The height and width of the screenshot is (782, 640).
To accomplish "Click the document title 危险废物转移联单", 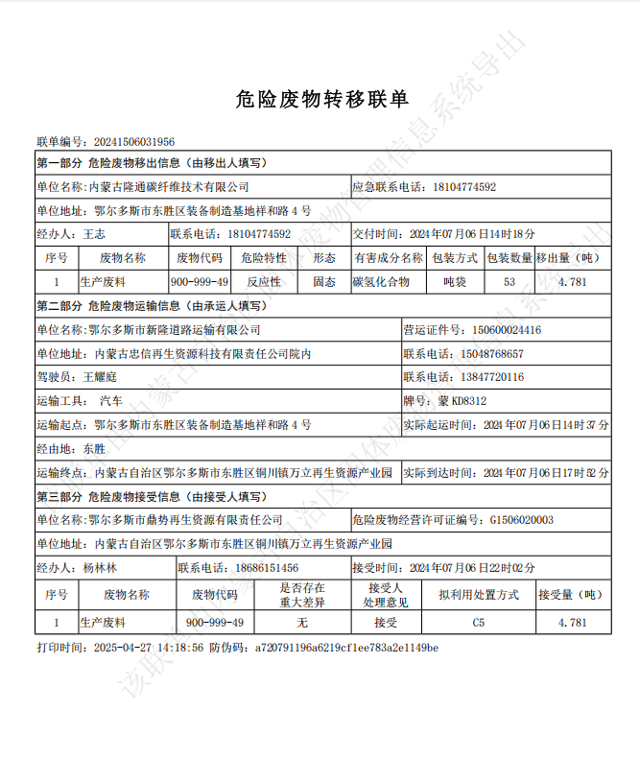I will (321, 98).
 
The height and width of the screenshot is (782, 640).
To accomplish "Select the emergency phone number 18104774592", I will (464, 186).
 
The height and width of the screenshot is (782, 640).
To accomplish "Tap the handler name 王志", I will (94, 233).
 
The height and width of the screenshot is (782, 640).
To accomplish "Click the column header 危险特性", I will (263, 258).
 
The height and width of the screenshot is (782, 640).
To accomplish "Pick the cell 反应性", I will (263, 282).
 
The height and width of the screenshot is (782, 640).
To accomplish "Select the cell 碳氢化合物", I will (382, 282).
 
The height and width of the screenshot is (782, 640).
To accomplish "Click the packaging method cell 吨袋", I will (454, 282).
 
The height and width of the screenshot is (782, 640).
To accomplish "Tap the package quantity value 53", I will (509, 282).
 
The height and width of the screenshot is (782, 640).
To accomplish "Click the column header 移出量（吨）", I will (570, 258).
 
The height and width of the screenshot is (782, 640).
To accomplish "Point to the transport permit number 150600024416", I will (506, 330).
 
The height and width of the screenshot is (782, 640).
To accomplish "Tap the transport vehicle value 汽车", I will (111, 401).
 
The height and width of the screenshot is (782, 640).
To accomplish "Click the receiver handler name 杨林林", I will (100, 568).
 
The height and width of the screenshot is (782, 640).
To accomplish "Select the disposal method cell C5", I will (478, 623).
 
